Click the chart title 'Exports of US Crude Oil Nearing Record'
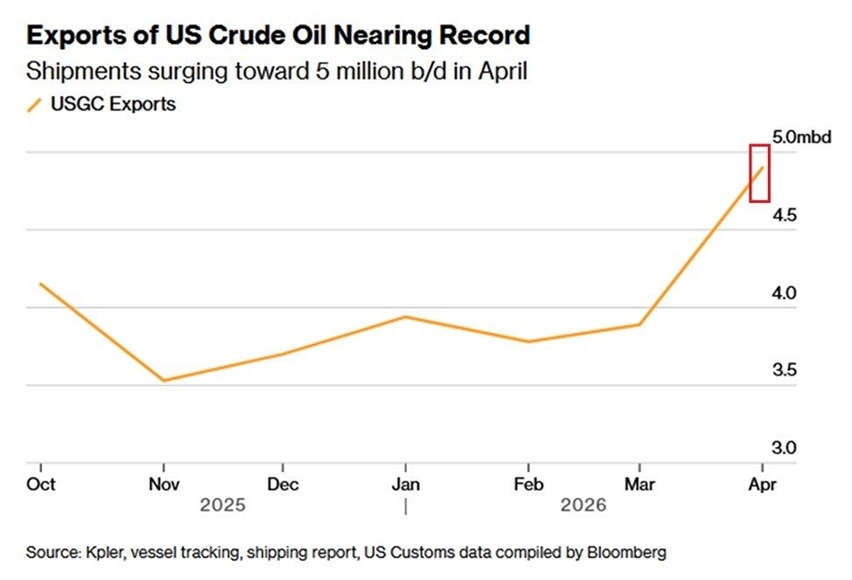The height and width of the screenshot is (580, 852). [x=278, y=36]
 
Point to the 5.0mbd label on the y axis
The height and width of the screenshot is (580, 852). [x=800, y=137]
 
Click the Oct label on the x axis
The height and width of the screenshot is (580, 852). [x=40, y=484]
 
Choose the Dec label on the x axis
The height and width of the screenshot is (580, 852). [x=283, y=484]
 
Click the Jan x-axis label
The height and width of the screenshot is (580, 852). [x=405, y=484]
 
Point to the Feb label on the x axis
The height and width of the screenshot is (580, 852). [x=527, y=484]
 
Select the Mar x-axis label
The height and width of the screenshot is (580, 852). [x=640, y=484]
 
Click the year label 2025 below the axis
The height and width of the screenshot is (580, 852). [x=223, y=506]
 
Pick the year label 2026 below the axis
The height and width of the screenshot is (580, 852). [x=583, y=506]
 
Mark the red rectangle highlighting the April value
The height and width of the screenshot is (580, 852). [x=759, y=173]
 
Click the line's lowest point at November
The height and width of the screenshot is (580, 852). [x=164, y=380]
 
